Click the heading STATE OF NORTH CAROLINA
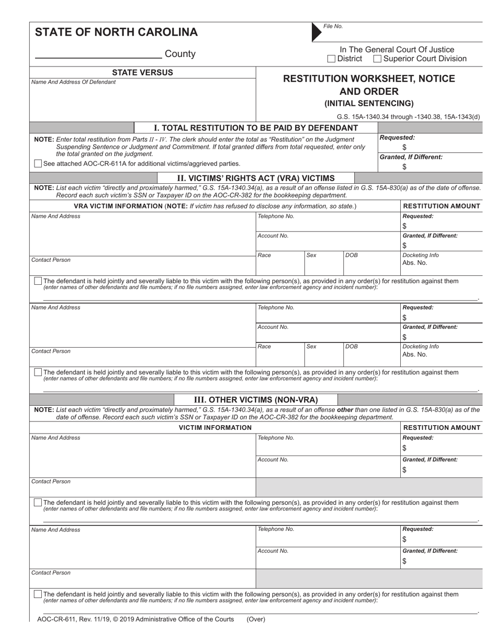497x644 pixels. tap(116, 32)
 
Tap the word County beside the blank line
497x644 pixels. tap(180, 54)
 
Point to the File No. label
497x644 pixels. tap(333, 26)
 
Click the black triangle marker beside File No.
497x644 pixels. tap(316, 32)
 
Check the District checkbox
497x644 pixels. tap(331, 59)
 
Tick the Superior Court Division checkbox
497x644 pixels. tap(378, 59)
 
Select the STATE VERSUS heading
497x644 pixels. tap(142, 72)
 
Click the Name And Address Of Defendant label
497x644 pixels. tap(74, 82)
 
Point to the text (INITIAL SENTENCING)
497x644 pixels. tap(369, 103)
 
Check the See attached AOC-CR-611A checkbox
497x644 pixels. tap(38, 163)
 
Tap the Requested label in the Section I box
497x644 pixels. tap(397, 138)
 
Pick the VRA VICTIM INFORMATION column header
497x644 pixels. tap(215, 206)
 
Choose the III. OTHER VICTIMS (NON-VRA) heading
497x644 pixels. tap(256, 399)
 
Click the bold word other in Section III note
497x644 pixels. tap(346, 409)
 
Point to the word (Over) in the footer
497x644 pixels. tap(256, 619)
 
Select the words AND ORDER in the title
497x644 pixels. tap(369, 91)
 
